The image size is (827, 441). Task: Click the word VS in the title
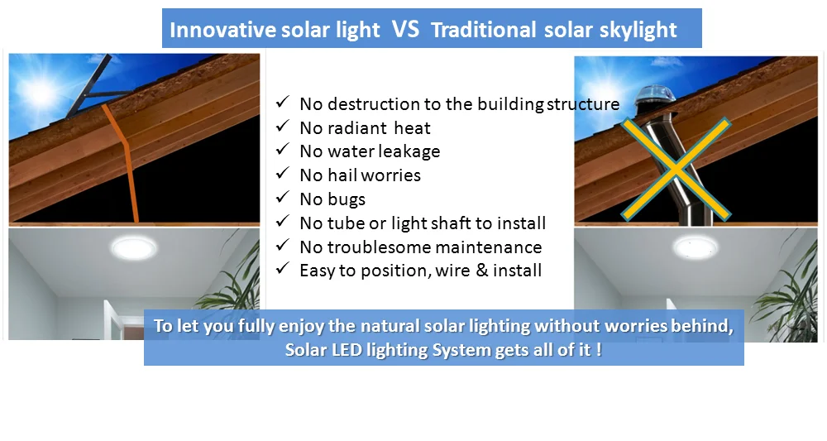pyautogui.click(x=405, y=29)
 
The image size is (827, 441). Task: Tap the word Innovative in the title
pyautogui.click(x=222, y=30)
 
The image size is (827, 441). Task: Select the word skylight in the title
pyautogui.click(x=638, y=31)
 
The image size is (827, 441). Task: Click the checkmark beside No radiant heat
pyautogui.click(x=283, y=126)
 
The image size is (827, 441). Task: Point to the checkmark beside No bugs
pyautogui.click(x=283, y=197)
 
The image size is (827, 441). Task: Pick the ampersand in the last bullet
pyautogui.click(x=481, y=271)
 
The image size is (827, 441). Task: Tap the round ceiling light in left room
pyautogui.click(x=133, y=247)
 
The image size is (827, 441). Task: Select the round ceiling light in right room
pyautogui.click(x=696, y=247)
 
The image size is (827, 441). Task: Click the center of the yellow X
pyautogui.click(x=676, y=169)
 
